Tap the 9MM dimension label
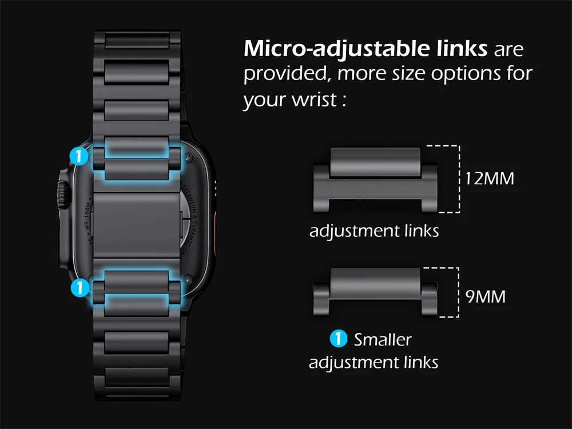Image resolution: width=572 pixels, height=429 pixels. (x=485, y=297)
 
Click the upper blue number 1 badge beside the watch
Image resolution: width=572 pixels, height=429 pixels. (x=79, y=156)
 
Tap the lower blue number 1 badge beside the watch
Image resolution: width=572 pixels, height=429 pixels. (x=79, y=287)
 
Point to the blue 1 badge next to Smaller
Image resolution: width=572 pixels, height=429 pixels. (x=339, y=339)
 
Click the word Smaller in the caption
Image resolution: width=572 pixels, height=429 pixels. (x=383, y=339)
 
